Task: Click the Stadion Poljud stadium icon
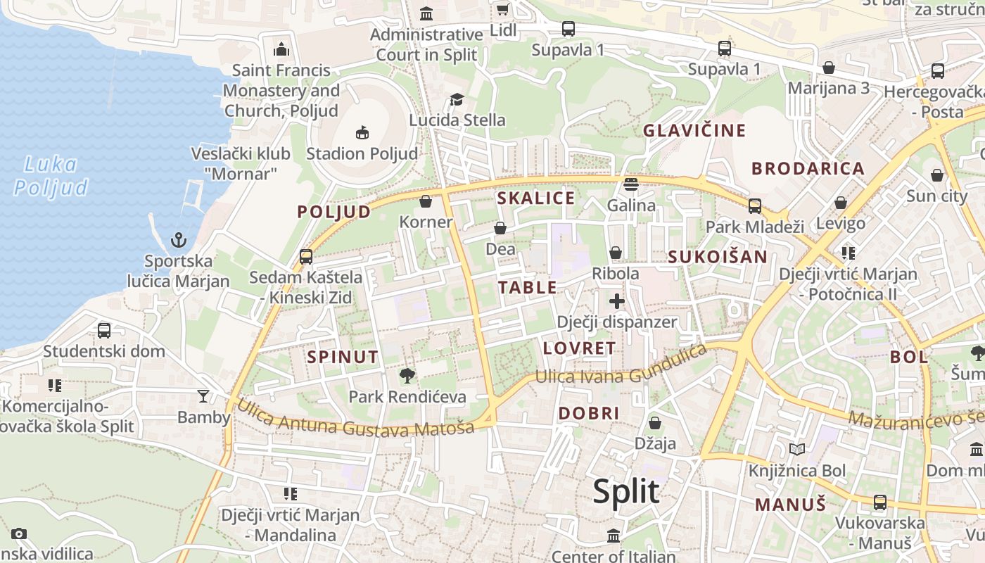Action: [x=362, y=132]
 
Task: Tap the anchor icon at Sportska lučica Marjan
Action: [x=179, y=241]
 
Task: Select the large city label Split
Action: [x=625, y=491]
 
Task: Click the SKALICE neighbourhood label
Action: [x=536, y=198]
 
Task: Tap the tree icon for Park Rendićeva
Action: [x=407, y=376]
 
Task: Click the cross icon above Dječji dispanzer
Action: [x=617, y=301]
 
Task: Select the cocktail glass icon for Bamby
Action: [x=203, y=396]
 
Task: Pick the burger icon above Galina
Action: [x=631, y=184]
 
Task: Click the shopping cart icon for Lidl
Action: [x=502, y=9]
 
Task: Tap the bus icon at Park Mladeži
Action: [x=754, y=205]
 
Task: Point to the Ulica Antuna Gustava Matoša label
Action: [x=355, y=420]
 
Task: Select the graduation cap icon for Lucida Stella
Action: [x=457, y=99]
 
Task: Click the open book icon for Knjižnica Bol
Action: [x=796, y=449]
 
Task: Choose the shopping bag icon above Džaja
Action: [x=655, y=423]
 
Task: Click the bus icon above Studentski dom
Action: [x=104, y=330]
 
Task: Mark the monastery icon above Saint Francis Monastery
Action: [x=281, y=49]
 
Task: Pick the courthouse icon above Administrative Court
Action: [x=426, y=13]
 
